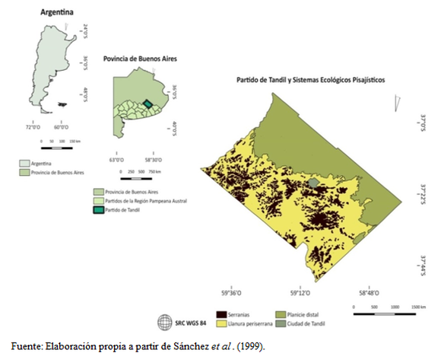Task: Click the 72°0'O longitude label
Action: click(x=36, y=127)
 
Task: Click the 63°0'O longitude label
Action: click(x=116, y=159)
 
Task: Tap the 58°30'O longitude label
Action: click(x=151, y=159)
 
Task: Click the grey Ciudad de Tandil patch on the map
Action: click(x=316, y=183)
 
